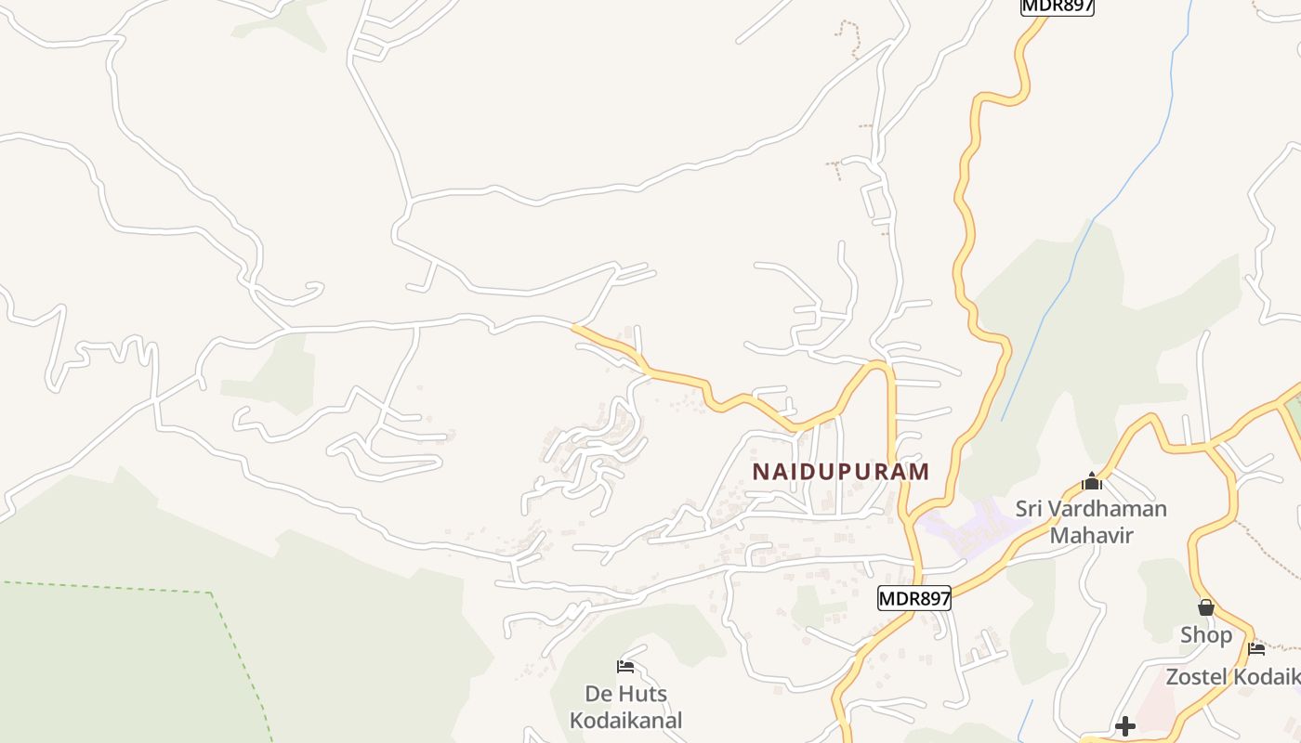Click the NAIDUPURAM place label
point(840,471)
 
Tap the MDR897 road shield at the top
point(1057,6)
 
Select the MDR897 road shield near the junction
point(914,599)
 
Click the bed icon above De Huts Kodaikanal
point(625,666)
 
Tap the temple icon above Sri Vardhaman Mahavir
point(1091,481)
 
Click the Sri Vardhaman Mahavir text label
point(1091,522)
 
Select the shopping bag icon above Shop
point(1205,607)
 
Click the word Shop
point(1205,635)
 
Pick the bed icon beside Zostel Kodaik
point(1256,648)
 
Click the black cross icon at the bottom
point(1125,725)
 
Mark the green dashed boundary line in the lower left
point(139,588)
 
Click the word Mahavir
point(1091,535)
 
